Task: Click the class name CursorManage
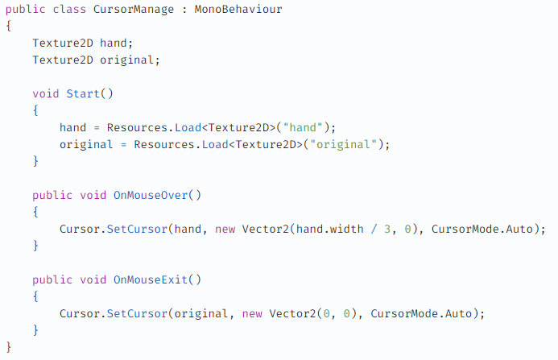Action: click(134, 10)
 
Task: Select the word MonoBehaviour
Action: click(238, 9)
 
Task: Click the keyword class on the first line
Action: click(69, 9)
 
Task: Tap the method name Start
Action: click(83, 93)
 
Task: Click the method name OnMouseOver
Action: click(151, 195)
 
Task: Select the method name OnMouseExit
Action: click(151, 280)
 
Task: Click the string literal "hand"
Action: click(303, 127)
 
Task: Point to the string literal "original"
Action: click(343, 145)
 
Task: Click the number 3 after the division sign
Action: click(387, 229)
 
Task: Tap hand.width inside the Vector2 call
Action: click(330, 229)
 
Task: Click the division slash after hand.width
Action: click(374, 229)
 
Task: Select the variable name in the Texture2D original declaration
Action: click(126, 60)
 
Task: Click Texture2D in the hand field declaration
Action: click(63, 43)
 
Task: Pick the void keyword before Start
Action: click(46, 93)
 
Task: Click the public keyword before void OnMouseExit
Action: click(52, 280)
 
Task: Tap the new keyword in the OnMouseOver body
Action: click(225, 230)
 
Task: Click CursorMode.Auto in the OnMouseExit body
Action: click(421, 314)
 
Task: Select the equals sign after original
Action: click(123, 145)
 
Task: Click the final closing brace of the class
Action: click(9, 347)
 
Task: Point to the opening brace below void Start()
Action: click(35, 110)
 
